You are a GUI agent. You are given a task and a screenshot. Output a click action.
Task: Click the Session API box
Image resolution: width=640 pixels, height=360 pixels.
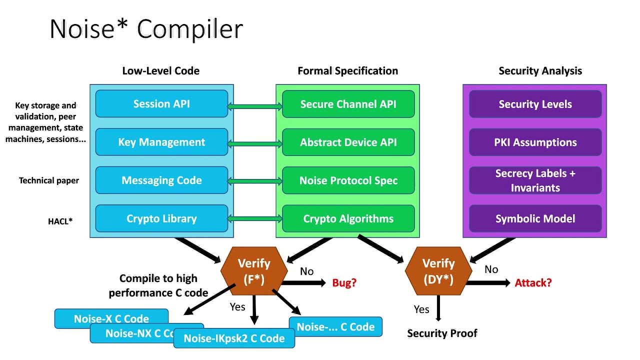161,104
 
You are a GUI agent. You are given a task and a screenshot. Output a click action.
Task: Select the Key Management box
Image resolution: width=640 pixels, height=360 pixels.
161,142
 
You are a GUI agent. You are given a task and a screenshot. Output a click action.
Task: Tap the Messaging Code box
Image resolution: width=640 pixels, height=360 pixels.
161,180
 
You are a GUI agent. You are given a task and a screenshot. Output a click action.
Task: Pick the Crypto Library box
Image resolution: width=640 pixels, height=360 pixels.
161,218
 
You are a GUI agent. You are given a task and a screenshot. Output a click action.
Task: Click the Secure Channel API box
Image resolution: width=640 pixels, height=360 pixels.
348,104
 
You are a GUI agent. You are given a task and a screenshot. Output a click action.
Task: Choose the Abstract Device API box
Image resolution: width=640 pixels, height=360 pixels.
348,142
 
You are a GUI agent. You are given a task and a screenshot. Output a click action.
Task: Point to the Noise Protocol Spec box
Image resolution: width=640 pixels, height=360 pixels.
348,180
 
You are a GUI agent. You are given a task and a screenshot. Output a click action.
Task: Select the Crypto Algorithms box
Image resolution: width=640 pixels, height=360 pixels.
348,218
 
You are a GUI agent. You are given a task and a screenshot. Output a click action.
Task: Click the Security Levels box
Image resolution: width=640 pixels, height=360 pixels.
535,104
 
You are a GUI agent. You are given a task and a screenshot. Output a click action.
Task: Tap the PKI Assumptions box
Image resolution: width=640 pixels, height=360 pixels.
535,142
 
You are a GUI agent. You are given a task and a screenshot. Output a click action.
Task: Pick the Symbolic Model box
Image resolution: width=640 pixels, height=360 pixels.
535,218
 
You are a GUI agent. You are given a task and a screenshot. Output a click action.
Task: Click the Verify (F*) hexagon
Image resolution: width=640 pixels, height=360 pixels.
254,271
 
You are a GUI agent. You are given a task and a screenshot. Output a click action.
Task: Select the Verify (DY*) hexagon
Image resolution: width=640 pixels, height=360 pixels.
438,271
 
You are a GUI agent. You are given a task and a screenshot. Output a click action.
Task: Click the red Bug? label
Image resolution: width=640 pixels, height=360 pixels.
344,283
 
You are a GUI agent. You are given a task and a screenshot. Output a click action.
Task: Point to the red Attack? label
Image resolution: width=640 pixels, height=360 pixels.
533,283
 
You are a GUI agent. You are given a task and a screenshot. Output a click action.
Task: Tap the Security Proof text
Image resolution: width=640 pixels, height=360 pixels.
442,333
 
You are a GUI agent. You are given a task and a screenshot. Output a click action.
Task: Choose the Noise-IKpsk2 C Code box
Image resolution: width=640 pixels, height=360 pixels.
234,338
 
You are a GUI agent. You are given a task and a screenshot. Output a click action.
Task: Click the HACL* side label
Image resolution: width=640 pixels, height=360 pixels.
60,221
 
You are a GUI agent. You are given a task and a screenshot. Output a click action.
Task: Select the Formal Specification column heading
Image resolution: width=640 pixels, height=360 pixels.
347,71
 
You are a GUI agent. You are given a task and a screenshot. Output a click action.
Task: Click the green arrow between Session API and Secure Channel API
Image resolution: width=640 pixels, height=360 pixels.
255,106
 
